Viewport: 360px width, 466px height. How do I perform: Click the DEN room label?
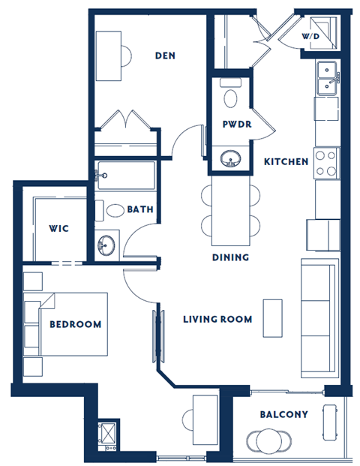(x=165, y=56)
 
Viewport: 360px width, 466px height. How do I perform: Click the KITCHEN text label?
(x=286, y=161)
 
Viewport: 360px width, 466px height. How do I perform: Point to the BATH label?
(x=140, y=209)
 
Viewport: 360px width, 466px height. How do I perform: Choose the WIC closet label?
(x=59, y=227)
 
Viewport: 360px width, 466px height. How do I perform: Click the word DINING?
(x=229, y=257)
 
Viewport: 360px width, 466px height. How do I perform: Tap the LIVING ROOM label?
(x=217, y=319)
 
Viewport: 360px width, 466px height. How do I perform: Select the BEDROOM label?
(x=75, y=324)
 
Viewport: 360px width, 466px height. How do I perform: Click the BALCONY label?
(x=283, y=414)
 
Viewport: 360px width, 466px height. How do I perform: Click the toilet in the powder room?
(x=231, y=96)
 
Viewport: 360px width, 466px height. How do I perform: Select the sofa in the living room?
(x=319, y=318)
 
